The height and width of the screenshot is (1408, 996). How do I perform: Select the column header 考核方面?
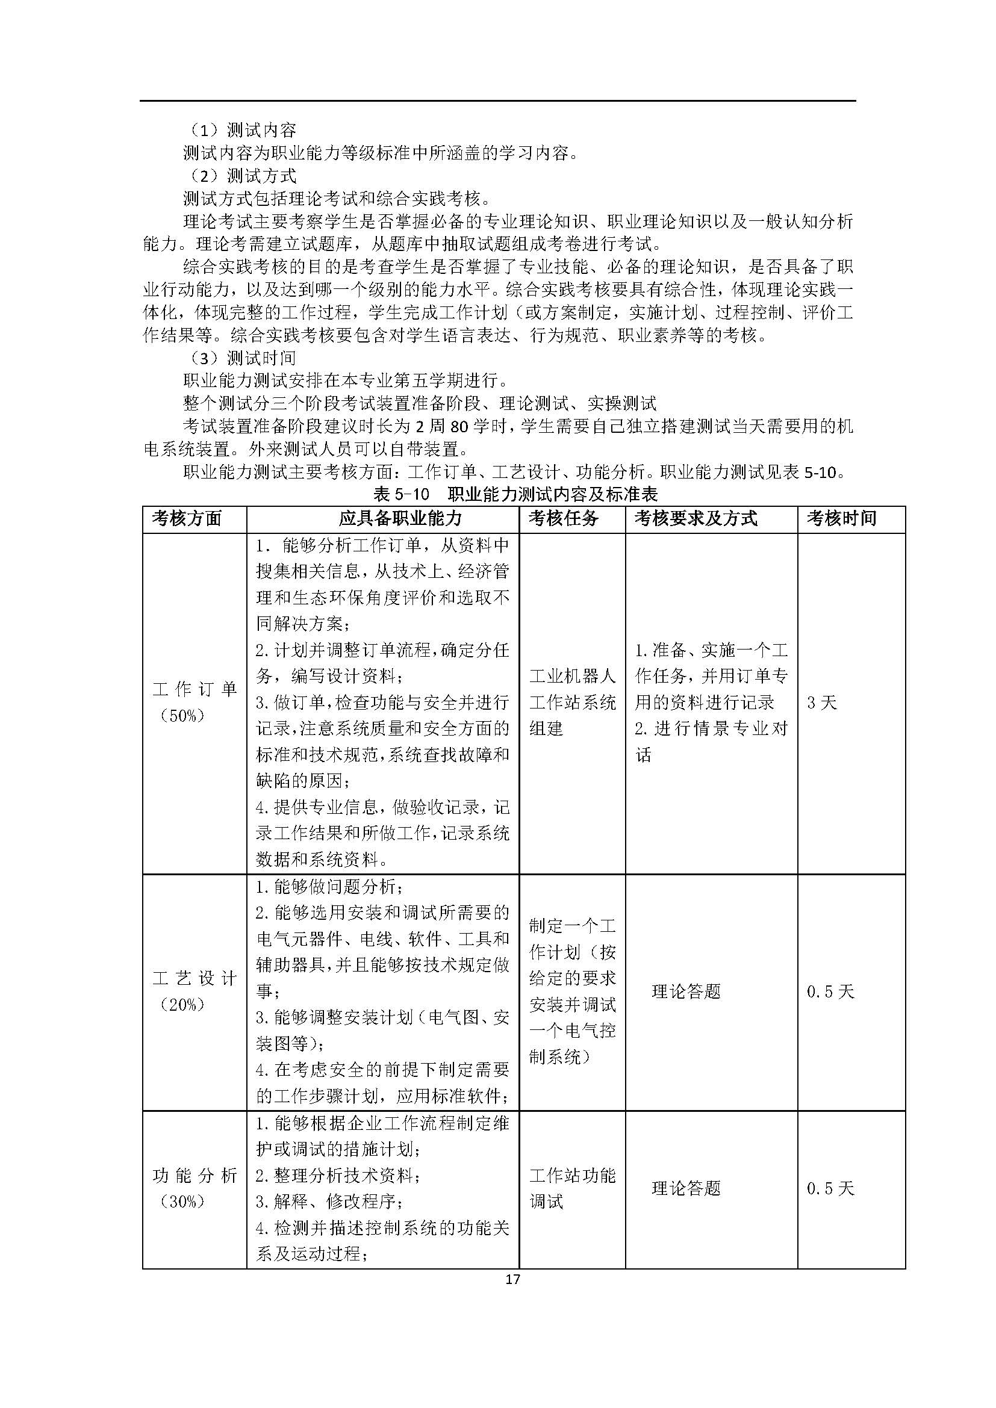coord(187,519)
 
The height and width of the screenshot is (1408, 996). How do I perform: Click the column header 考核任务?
coord(563,519)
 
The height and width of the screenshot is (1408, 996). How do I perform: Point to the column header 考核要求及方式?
coord(696,519)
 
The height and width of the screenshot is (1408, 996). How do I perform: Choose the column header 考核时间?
coord(841,519)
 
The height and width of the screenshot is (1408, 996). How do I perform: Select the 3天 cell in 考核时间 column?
coord(821,702)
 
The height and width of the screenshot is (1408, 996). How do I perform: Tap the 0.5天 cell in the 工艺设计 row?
coord(830,991)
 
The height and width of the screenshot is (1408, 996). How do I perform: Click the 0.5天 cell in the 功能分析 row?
coord(830,1188)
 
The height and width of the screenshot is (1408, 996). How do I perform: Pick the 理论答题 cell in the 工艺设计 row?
coord(686,991)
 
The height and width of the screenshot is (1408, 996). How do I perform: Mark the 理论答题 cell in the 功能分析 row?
coord(686,1188)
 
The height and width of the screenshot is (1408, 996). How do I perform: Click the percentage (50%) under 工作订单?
coord(182,716)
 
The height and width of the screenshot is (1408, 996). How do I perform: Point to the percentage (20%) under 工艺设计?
coord(182,1005)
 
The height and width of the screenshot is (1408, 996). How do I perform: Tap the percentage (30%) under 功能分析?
coord(182,1202)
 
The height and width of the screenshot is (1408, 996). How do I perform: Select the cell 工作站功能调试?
coord(571,1188)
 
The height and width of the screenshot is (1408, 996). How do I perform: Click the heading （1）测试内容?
coord(243,130)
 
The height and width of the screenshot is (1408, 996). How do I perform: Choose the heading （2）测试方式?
coord(243,176)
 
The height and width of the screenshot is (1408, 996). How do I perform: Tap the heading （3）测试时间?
coord(243,358)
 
